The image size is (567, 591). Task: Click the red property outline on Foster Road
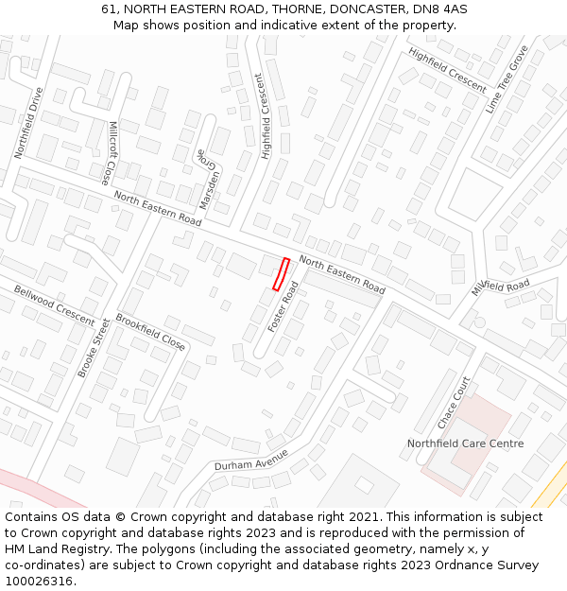click(x=281, y=273)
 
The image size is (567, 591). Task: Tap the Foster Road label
click(x=283, y=306)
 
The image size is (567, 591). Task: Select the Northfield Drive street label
click(x=29, y=123)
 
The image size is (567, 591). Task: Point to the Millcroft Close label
click(x=111, y=152)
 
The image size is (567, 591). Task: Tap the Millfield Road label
click(x=502, y=286)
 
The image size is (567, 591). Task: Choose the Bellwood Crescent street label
click(x=54, y=303)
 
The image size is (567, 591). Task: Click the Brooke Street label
click(x=94, y=348)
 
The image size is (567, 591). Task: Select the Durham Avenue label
click(x=250, y=460)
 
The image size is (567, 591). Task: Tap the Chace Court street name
click(x=454, y=403)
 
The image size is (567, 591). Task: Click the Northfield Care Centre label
click(x=465, y=443)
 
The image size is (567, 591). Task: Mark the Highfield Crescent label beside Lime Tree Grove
click(x=448, y=69)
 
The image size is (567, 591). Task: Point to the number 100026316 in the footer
click(x=40, y=581)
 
